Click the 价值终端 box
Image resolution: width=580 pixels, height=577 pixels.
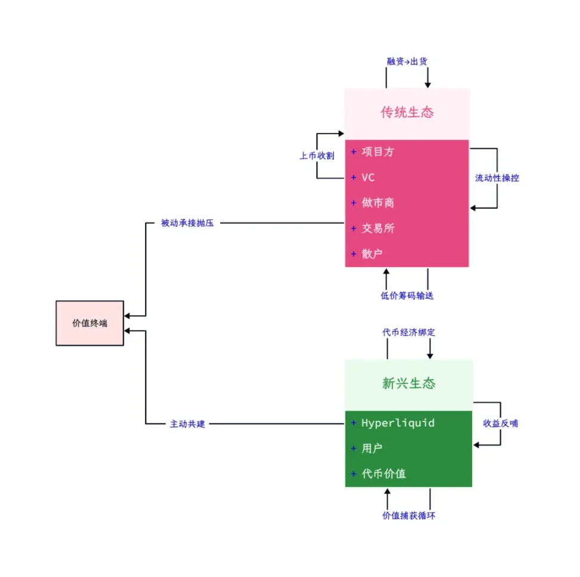(90, 323)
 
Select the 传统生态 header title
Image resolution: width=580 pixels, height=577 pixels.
(407, 113)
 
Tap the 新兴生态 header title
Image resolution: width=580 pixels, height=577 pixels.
(408, 383)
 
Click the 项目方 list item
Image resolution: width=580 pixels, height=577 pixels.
(377, 152)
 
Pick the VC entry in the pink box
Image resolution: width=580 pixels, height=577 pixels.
(368, 178)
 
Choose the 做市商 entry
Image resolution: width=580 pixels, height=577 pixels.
(377, 203)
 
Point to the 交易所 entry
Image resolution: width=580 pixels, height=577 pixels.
(377, 228)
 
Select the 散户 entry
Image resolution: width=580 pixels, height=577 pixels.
(372, 254)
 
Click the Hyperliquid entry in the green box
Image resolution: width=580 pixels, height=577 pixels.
(397, 423)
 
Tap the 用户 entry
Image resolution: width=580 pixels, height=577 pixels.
(372, 448)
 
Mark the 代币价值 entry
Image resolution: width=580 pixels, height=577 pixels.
(383, 474)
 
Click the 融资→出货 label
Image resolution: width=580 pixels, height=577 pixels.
(407, 61)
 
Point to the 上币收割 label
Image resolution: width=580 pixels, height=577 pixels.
(316, 156)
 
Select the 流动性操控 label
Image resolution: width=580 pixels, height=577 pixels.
(497, 178)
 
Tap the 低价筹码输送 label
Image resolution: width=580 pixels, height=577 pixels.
(407, 296)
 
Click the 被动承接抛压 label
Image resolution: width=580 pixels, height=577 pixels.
(187, 223)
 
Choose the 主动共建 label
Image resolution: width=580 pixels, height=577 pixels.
(187, 424)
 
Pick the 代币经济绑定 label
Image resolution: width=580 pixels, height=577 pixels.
(408, 332)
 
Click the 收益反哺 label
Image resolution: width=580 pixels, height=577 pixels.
(501, 423)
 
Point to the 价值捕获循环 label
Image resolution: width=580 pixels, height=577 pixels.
(408, 516)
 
